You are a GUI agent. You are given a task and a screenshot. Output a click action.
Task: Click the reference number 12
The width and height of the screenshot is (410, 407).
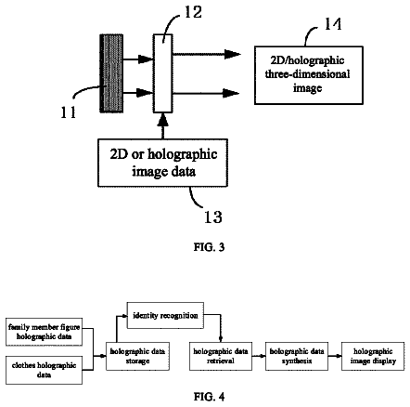193,12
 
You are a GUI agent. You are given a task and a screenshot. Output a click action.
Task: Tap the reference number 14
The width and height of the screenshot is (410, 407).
333,24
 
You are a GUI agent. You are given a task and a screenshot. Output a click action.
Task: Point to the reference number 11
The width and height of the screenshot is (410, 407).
68,112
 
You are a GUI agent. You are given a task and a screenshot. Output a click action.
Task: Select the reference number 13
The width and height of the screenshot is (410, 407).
213,217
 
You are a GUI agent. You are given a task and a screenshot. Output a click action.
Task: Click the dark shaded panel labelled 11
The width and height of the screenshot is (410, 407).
111,73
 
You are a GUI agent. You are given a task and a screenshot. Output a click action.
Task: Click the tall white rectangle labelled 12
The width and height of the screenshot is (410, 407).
162,73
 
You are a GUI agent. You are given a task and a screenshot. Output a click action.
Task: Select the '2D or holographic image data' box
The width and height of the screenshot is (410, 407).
163,163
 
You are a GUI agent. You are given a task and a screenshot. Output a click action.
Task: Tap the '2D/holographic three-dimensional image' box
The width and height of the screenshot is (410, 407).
309,75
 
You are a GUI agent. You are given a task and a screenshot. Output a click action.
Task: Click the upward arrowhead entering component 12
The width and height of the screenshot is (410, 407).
163,120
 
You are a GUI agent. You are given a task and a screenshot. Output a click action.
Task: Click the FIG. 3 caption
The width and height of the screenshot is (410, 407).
209,247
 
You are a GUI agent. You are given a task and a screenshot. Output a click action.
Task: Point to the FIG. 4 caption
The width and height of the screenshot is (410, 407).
209,397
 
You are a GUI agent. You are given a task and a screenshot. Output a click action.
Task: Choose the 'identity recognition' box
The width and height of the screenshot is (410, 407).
165,315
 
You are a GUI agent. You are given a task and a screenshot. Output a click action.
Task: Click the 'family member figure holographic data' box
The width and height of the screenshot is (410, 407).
44,332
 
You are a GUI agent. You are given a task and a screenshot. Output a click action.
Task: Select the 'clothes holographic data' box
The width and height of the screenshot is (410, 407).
44,370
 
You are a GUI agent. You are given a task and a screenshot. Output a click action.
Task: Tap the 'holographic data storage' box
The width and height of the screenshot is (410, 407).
137,356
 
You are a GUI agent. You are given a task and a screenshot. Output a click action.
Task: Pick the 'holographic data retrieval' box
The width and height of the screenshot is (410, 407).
221,356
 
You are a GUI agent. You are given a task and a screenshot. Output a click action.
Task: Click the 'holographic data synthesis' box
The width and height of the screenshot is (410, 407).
297,356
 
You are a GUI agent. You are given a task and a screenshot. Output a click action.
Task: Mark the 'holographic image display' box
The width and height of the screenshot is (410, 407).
373,356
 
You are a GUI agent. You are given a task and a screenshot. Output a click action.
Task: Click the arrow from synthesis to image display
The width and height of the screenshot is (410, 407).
335,356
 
